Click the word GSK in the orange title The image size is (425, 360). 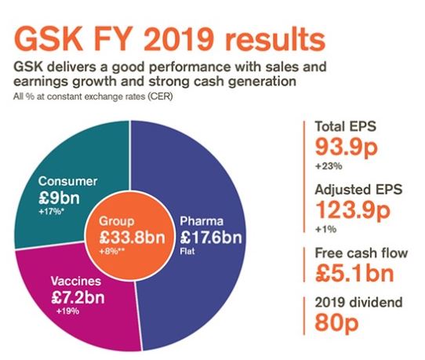point(48,39)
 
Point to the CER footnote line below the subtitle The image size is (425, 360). point(93,96)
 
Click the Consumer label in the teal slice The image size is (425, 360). point(67,181)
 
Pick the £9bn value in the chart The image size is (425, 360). point(59,198)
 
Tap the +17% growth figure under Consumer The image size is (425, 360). point(52,212)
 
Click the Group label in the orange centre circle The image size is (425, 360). point(116,221)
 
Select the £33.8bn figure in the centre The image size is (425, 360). point(132,237)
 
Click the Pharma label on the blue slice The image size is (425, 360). point(202,221)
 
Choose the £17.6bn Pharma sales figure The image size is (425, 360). point(211,237)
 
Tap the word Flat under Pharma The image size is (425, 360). point(187,251)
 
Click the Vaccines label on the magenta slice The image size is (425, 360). point(76,281)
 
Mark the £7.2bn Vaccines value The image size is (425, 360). point(78,297)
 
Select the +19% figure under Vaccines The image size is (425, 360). point(67,311)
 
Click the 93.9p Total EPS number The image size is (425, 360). point(346,148)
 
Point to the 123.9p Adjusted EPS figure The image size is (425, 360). point(353,211)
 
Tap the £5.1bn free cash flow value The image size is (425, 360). point(354,273)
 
